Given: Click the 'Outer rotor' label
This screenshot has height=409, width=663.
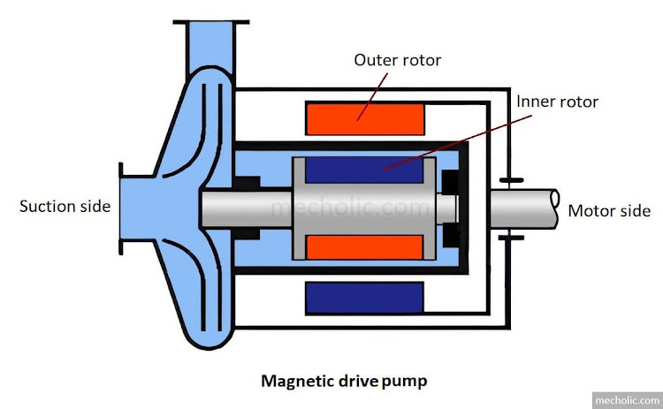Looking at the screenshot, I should (x=397, y=61).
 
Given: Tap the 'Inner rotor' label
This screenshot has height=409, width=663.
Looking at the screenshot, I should (x=557, y=102).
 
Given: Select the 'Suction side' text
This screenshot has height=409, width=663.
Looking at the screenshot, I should (x=65, y=207).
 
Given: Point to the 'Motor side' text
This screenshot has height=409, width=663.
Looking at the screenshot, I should (x=609, y=210).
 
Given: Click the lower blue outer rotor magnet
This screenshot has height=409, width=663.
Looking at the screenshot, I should (x=364, y=299).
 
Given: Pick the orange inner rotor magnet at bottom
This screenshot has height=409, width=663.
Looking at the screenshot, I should (x=364, y=248).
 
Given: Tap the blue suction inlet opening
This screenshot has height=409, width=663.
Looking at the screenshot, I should (x=133, y=208).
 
